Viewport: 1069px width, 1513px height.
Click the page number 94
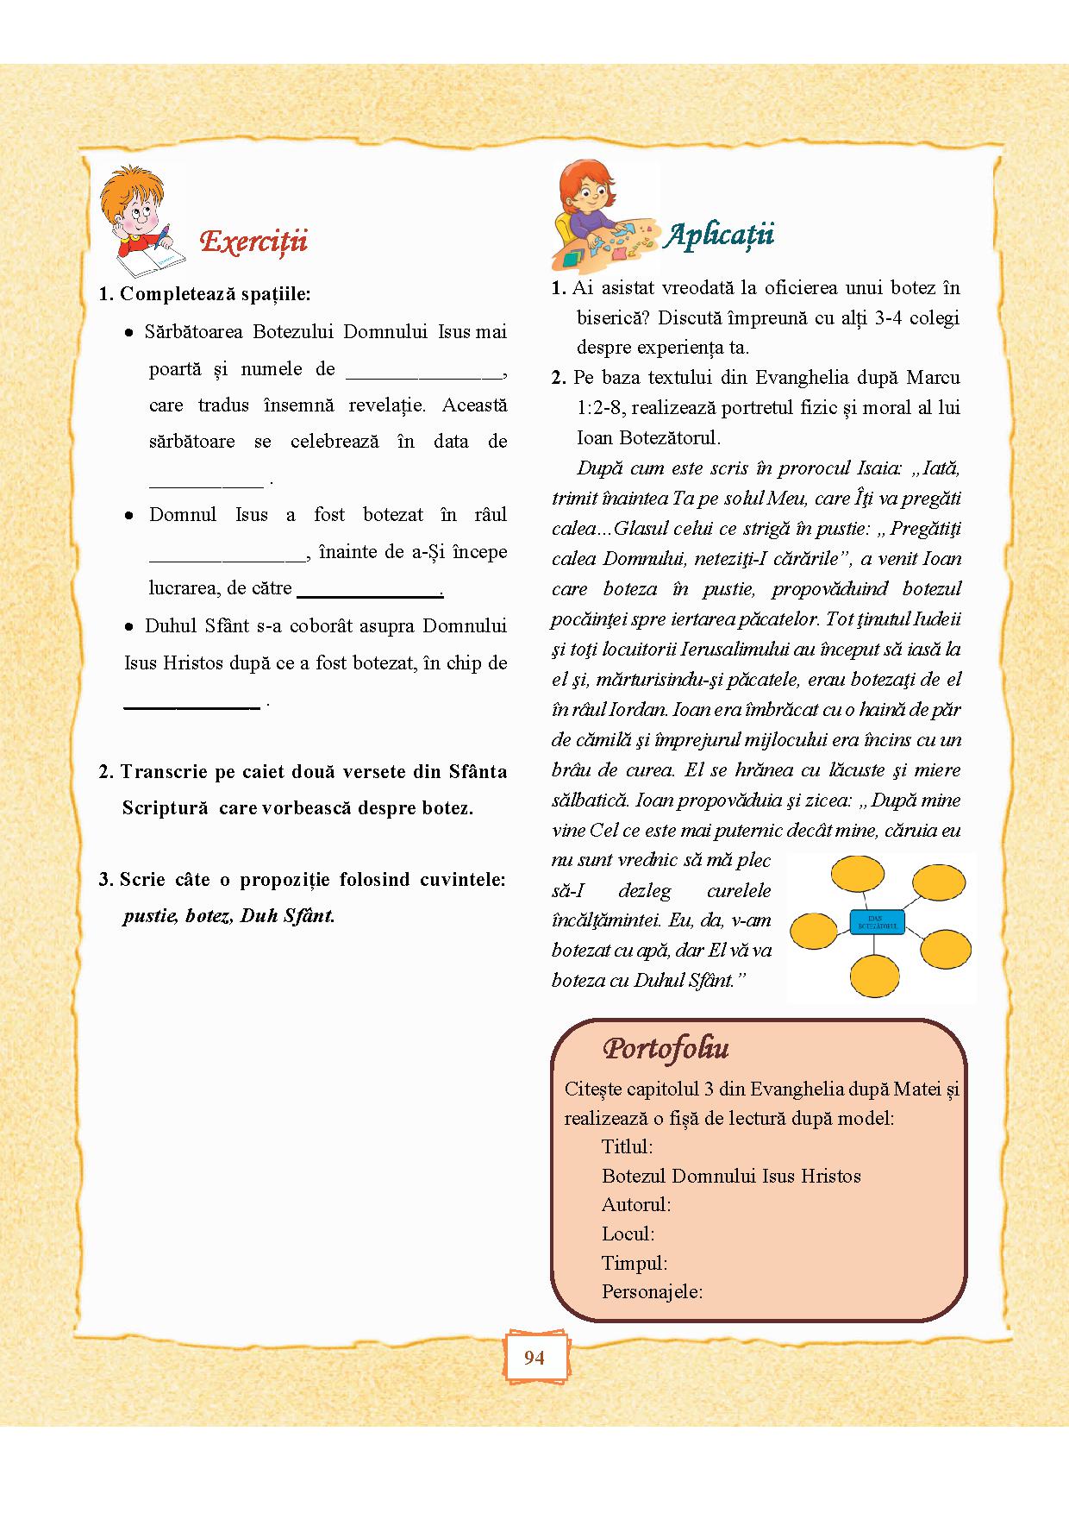[534, 1358]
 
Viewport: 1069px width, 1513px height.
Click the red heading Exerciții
[253, 242]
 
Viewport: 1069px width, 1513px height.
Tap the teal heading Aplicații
[720, 235]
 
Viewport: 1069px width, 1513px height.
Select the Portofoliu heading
[666, 1048]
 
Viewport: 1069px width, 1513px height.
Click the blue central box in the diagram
[877, 922]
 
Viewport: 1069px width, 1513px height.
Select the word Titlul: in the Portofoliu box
[627, 1147]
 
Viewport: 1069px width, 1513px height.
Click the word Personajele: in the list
[652, 1291]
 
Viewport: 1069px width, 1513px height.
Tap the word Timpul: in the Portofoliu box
[635, 1263]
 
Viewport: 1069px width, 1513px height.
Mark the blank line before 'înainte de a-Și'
[228, 557]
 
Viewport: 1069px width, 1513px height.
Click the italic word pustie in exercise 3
[149, 916]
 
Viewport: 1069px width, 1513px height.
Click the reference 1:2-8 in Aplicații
[598, 408]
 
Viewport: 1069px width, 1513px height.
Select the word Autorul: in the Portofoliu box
[635, 1205]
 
